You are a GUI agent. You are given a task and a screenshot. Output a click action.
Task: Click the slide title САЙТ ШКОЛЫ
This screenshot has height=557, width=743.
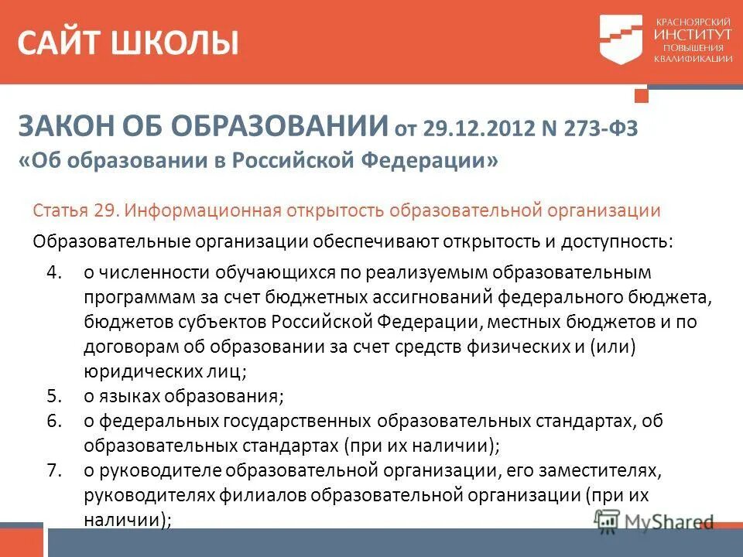pyautogui.click(x=128, y=43)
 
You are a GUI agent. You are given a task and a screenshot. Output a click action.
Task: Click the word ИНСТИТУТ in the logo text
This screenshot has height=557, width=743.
pyautogui.click(x=693, y=36)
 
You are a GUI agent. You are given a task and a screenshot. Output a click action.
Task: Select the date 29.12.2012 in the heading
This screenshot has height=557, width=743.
pyautogui.click(x=463, y=127)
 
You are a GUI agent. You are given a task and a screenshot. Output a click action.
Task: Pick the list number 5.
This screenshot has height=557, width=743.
pyautogui.click(x=53, y=396)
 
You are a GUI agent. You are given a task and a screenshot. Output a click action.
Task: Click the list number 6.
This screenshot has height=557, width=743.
pyautogui.click(x=53, y=421)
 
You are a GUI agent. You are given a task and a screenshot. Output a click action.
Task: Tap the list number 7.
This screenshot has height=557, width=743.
pyautogui.click(x=53, y=470)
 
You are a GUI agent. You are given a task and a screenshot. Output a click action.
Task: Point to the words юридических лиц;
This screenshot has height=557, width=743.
pyautogui.click(x=165, y=371)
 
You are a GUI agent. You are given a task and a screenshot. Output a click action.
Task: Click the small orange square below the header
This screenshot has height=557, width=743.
pyautogui.click(x=640, y=95)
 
